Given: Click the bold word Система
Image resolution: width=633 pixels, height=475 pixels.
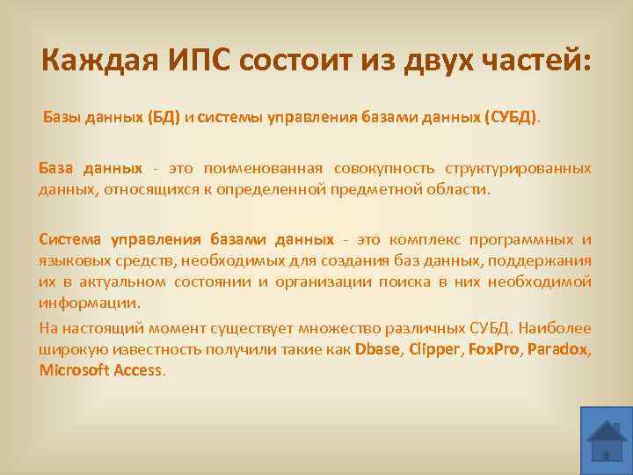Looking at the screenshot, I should [x=71, y=240].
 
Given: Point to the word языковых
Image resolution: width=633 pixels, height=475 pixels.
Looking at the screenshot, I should [x=72, y=261].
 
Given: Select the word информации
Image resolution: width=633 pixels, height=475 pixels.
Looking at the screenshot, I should [x=88, y=303].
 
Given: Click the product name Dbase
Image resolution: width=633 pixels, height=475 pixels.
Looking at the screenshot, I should [x=377, y=349].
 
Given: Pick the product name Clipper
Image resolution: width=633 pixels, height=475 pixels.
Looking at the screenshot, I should [x=435, y=349].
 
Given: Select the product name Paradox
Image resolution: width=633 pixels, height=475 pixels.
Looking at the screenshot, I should [x=559, y=349].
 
